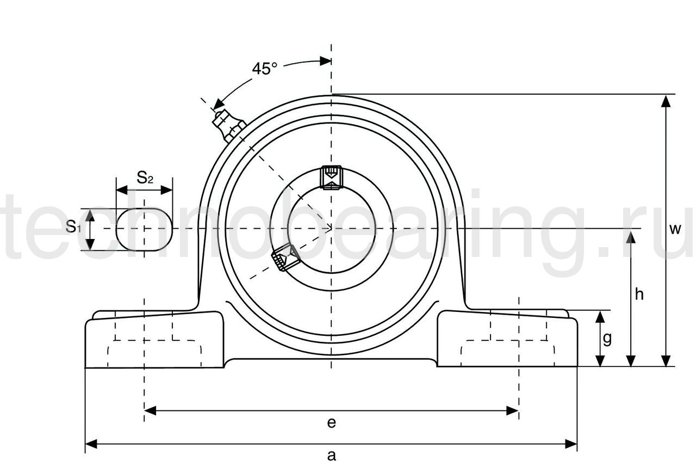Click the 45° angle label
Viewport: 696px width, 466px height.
click(264, 69)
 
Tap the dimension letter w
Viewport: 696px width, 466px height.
click(675, 229)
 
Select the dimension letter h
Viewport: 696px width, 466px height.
click(639, 294)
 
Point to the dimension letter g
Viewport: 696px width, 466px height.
click(607, 339)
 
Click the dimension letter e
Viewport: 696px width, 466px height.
click(332, 423)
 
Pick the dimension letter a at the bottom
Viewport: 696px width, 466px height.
click(332, 456)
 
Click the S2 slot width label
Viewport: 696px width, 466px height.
click(145, 177)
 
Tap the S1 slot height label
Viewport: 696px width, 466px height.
click(73, 226)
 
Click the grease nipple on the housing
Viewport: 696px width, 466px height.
click(229, 126)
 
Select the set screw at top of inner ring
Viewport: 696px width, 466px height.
click(331, 177)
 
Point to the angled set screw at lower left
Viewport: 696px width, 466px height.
click(285, 257)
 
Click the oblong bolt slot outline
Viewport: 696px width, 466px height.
click(144, 230)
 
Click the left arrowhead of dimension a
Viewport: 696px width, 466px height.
click(91, 444)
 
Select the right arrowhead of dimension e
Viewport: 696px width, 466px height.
click(512, 410)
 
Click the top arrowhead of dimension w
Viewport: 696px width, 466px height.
click(666, 101)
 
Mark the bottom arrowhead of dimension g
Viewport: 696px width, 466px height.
click(600, 361)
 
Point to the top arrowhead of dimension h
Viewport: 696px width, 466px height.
click(631, 238)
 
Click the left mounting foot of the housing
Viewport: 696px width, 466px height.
click(154, 339)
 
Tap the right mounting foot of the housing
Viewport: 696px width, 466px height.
click(507, 339)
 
